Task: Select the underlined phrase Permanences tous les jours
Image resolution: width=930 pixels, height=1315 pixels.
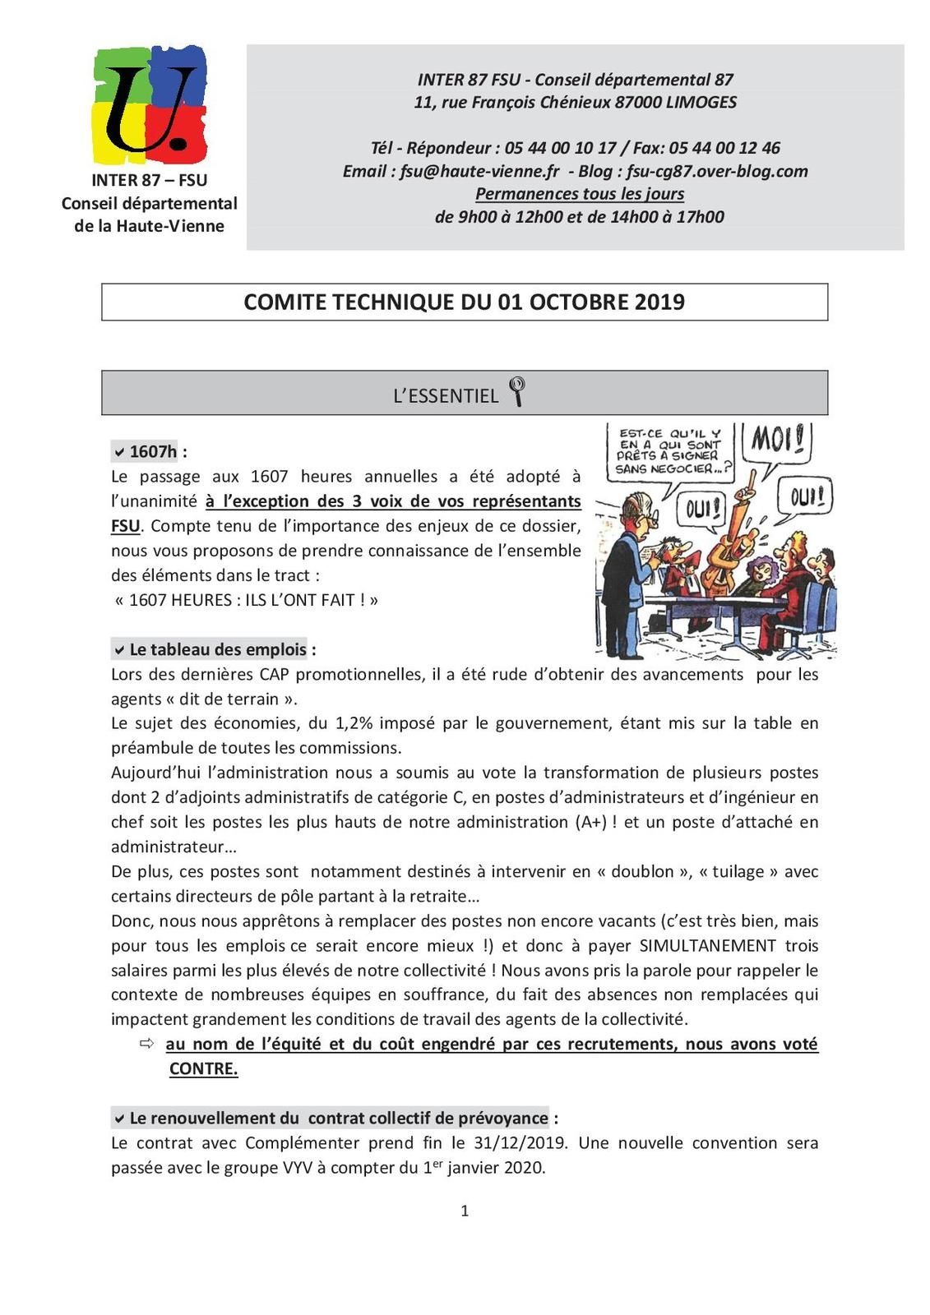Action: tap(580, 194)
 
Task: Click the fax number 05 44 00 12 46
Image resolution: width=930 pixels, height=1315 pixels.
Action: tap(724, 148)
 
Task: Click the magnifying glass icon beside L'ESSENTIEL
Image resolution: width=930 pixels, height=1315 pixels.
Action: tap(517, 391)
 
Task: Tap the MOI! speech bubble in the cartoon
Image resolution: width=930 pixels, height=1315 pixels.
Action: tap(777, 442)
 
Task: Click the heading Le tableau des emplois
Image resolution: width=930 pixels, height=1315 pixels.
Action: tap(217, 649)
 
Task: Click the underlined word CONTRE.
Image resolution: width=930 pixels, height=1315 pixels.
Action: tap(203, 1068)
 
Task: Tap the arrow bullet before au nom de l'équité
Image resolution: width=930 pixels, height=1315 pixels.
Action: tap(147, 1044)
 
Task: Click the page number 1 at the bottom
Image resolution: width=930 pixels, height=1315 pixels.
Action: tap(465, 1210)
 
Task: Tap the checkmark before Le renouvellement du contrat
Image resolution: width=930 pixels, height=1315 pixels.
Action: tap(119, 1119)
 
